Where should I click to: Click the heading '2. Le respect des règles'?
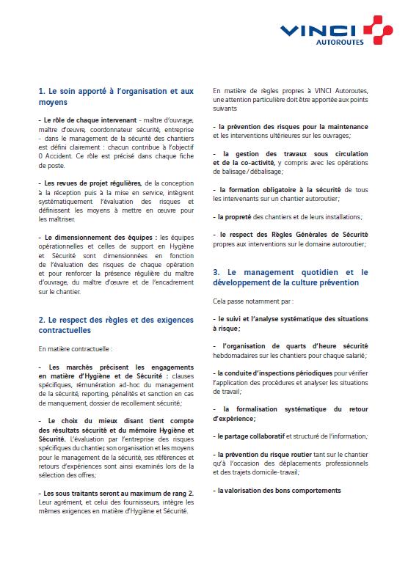click(115, 323)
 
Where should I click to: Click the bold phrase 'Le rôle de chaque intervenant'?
click(87, 120)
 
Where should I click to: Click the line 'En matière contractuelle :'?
click(75, 348)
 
